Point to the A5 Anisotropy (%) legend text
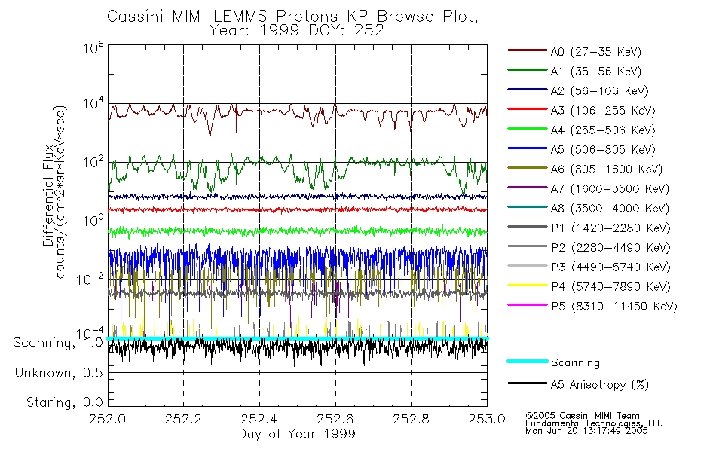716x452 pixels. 599,385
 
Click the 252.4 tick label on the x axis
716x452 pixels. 259,419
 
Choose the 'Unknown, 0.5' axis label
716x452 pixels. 58,373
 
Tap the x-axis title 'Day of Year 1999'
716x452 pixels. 297,434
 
